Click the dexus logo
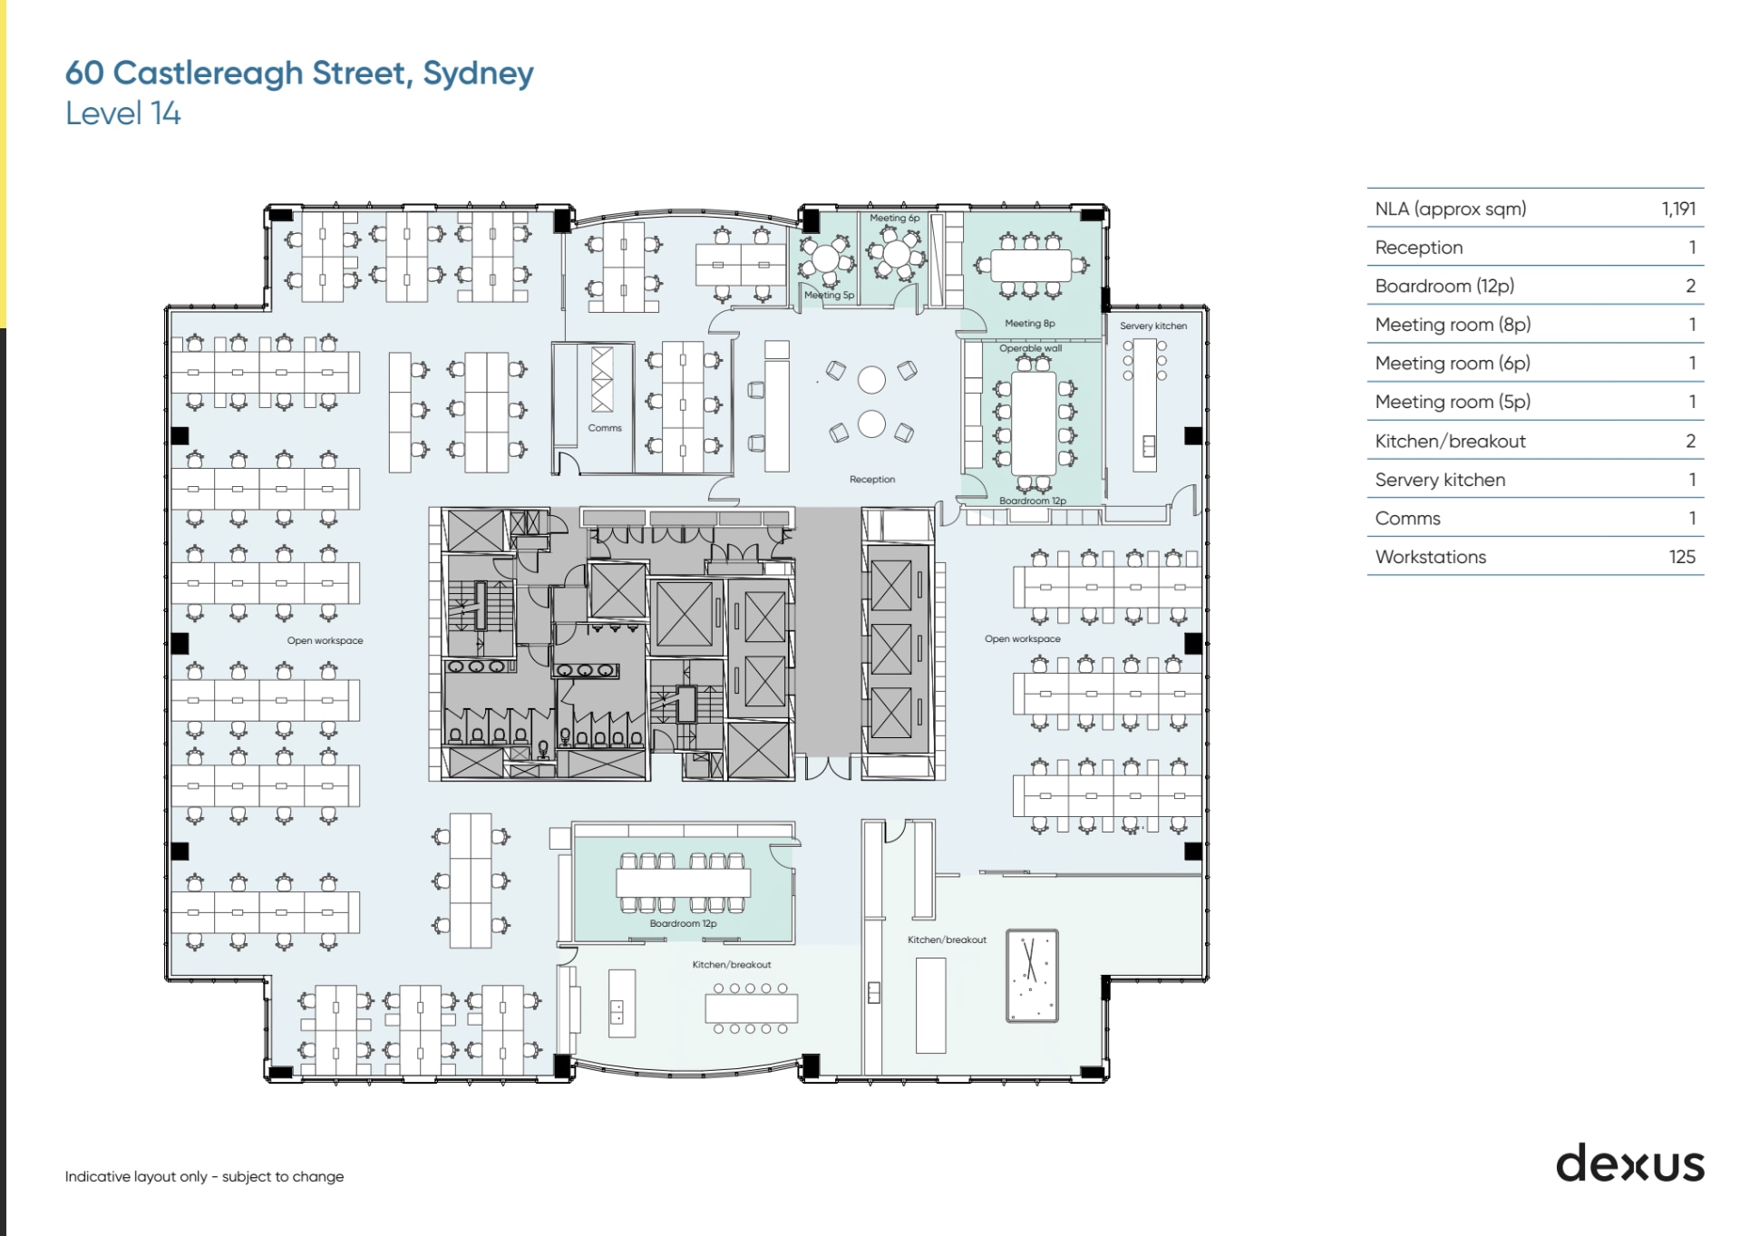click(1629, 1163)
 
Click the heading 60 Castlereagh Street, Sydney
click(299, 73)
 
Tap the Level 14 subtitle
click(122, 113)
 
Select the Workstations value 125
click(1681, 557)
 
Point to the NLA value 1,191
click(1677, 209)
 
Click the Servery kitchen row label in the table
click(1439, 480)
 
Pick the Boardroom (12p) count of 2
click(1689, 286)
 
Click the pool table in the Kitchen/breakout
click(1032, 976)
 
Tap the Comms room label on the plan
click(605, 428)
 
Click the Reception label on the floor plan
click(871, 479)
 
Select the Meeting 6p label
click(894, 218)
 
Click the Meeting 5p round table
click(825, 258)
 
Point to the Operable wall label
click(1030, 348)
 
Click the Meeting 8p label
click(1029, 323)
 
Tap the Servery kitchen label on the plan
click(1152, 326)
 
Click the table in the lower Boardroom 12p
click(683, 882)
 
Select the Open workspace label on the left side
click(325, 640)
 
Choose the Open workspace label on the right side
click(1022, 638)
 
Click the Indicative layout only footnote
click(204, 1176)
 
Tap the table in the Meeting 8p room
click(1031, 266)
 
